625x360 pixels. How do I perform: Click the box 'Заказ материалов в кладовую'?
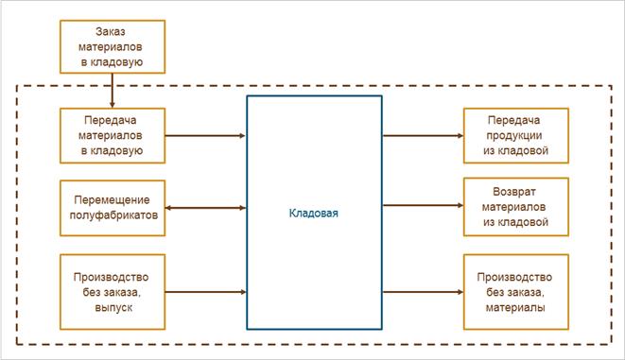click(x=113, y=46)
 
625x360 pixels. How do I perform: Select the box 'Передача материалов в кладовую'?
click(x=113, y=135)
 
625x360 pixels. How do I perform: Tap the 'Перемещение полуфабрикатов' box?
click(x=113, y=208)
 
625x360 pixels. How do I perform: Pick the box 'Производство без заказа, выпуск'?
click(x=113, y=292)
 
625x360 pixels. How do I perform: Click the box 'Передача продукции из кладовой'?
click(x=516, y=135)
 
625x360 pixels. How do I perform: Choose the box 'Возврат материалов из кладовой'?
click(x=516, y=207)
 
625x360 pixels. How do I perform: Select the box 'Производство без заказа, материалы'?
click(x=516, y=292)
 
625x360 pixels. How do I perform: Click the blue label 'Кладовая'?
click(x=313, y=213)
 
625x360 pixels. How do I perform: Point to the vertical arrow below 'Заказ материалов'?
click(x=113, y=91)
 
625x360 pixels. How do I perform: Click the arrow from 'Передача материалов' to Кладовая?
click(x=205, y=136)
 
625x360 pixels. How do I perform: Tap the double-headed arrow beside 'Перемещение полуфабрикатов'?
click(x=205, y=208)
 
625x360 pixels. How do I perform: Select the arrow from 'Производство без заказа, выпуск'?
click(x=205, y=292)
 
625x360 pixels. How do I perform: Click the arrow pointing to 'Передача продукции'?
click(x=423, y=136)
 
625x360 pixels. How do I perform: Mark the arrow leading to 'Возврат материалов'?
click(x=423, y=205)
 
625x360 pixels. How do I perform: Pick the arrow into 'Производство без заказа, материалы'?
click(x=423, y=292)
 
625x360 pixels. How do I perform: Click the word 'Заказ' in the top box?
click(x=111, y=31)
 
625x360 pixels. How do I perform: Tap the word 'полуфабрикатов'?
click(x=113, y=215)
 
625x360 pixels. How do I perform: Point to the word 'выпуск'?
click(x=113, y=308)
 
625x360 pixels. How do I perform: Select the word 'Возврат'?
click(x=514, y=192)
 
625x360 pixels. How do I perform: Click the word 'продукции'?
click(x=514, y=135)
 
